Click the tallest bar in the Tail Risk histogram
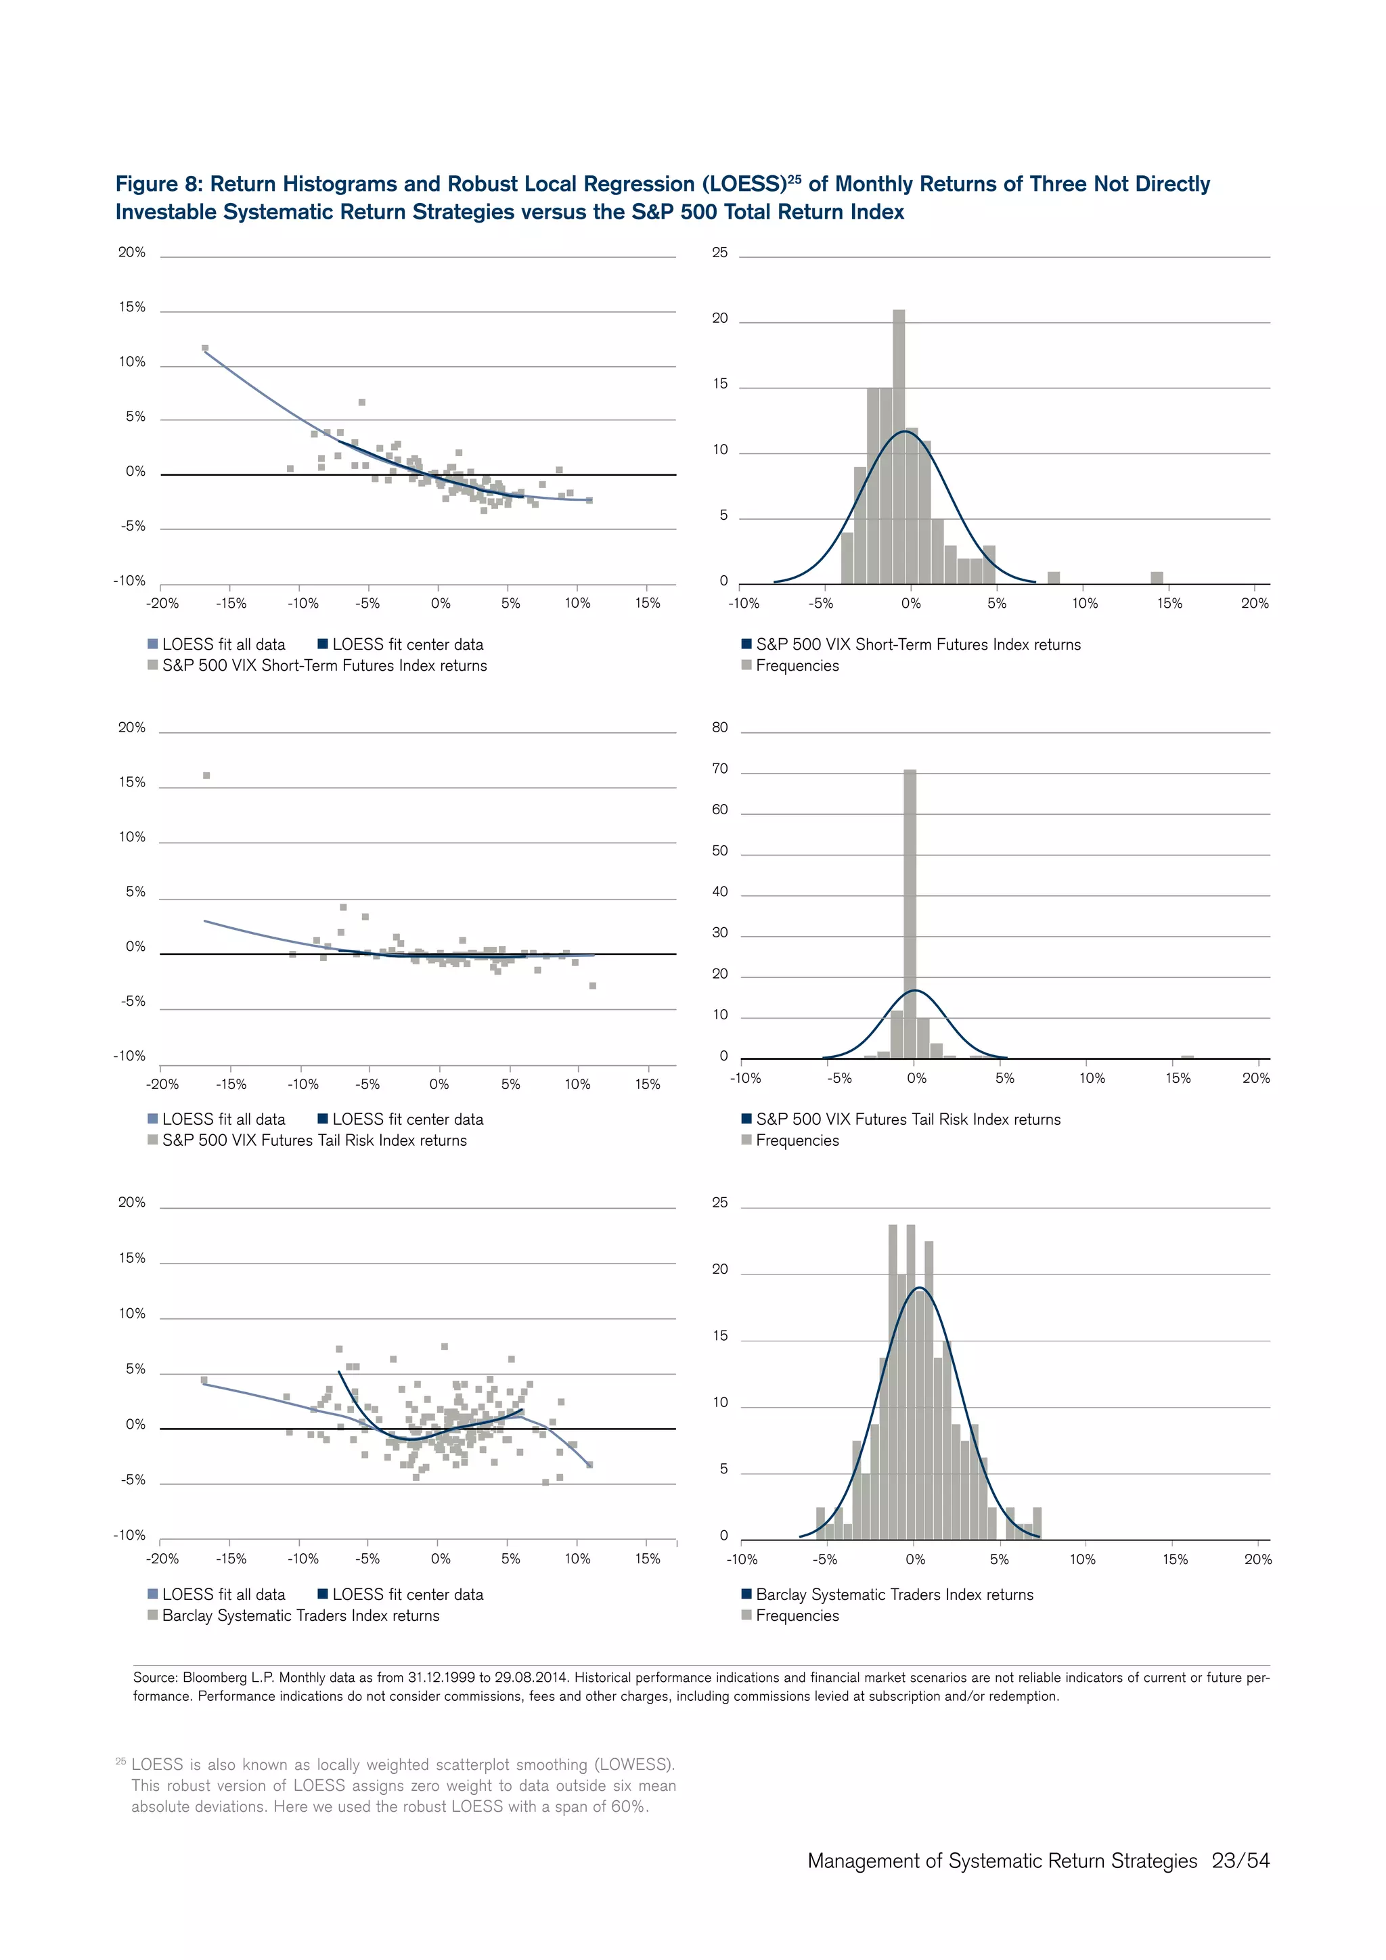pos(910,914)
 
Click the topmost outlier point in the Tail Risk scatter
pos(206,775)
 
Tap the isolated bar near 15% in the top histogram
pos(1157,578)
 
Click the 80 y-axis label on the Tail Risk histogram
pos(719,728)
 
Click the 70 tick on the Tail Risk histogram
pos(719,768)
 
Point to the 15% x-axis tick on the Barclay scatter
pos(648,1559)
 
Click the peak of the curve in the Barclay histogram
pos(919,1287)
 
